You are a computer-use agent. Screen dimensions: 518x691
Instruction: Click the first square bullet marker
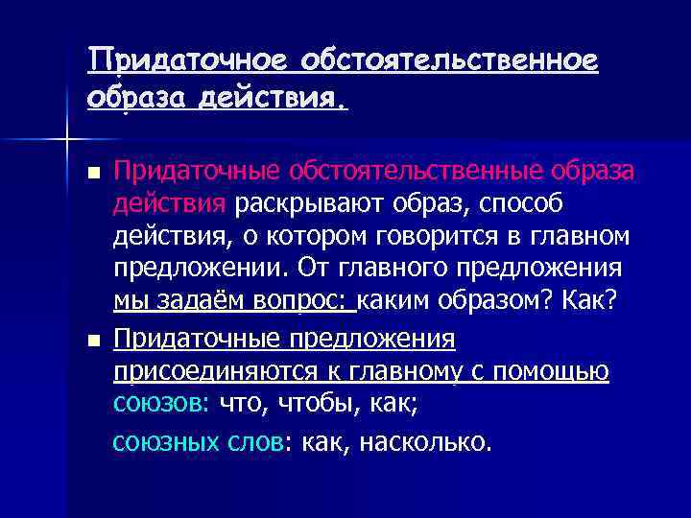(x=92, y=175)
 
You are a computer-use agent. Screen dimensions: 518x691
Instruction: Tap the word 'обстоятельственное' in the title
(x=450, y=61)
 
